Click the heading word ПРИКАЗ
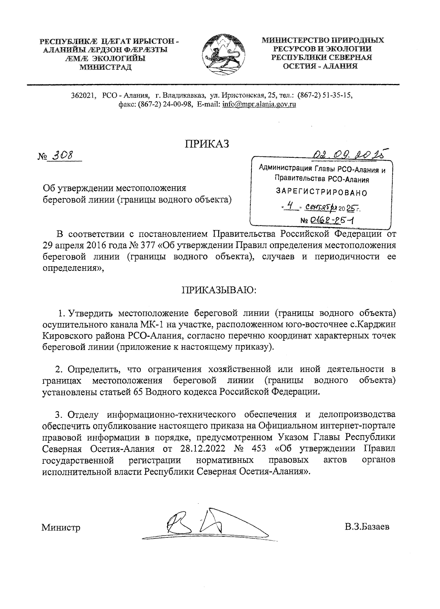pyautogui.click(x=207, y=143)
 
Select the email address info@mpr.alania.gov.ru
pyautogui.click(x=259, y=104)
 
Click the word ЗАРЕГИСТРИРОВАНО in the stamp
pyautogui.click(x=321, y=192)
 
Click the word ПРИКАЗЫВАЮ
pyautogui.click(x=220, y=290)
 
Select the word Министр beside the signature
pyautogui.click(x=61, y=528)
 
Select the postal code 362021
pyautogui.click(x=83, y=95)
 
